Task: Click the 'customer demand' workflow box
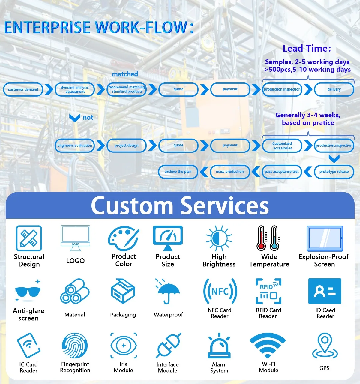pos(23,89)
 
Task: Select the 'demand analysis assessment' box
pos(75,89)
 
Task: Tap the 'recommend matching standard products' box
pos(127,89)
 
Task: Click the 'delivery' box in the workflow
pos(334,89)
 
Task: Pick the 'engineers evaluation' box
pos(75,145)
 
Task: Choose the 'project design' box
pos(127,145)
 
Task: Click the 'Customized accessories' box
pos(282,145)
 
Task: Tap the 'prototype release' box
pos(334,172)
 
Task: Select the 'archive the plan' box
pos(178,172)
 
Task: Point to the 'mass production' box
pos(230,172)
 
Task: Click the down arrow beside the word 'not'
pos(74,118)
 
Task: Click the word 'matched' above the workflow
pos(125,74)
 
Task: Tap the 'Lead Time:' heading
pos(307,49)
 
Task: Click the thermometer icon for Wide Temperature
pos(268,238)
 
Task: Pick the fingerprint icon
pos(75,346)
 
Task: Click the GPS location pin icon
pos(325,347)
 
